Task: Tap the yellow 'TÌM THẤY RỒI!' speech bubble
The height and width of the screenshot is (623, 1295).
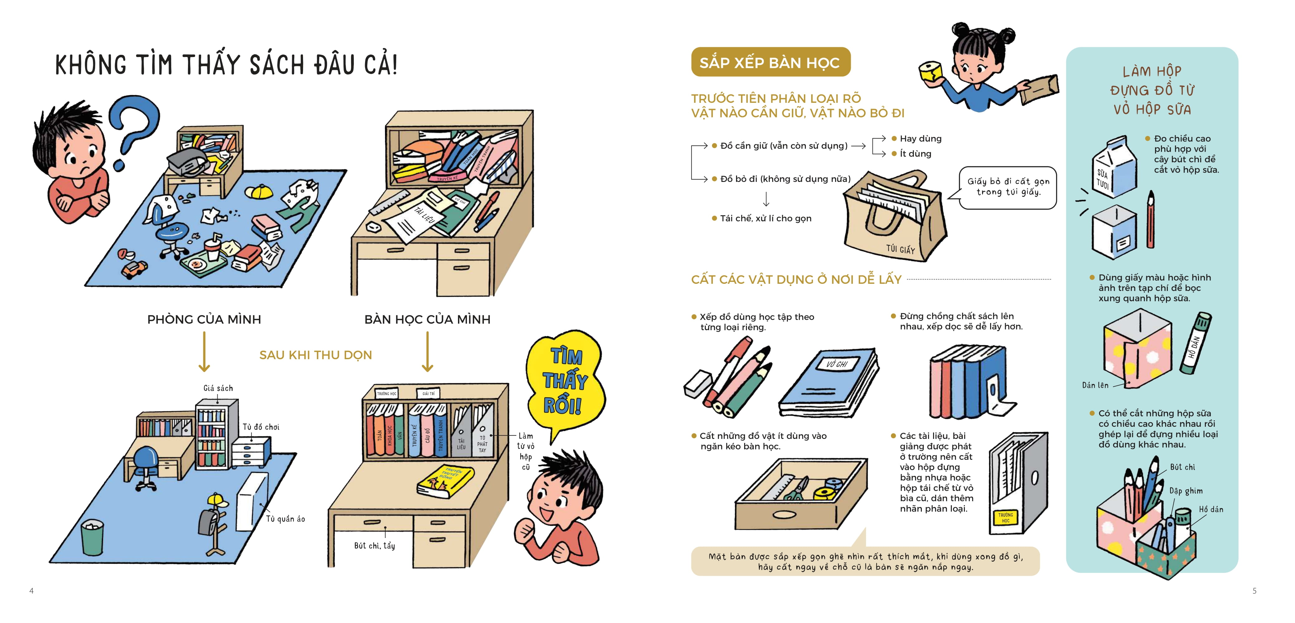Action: click(x=566, y=382)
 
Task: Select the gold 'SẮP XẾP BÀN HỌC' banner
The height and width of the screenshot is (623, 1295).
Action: click(x=770, y=62)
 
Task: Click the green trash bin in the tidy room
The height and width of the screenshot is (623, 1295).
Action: click(x=92, y=537)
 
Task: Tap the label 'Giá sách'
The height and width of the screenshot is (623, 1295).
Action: click(x=218, y=388)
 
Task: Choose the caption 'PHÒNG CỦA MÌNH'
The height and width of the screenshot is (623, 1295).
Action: click(x=204, y=320)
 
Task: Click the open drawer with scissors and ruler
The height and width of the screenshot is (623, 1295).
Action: click(x=802, y=495)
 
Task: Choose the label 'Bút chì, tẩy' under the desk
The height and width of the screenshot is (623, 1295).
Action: click(x=374, y=546)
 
